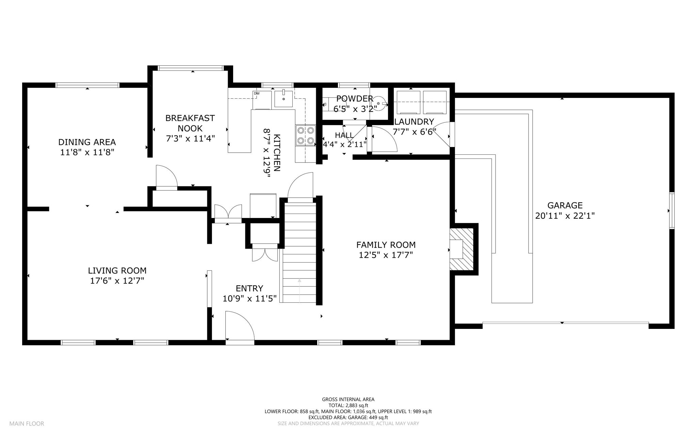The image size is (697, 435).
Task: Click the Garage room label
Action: coord(565,205)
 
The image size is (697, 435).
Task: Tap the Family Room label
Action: coord(386,245)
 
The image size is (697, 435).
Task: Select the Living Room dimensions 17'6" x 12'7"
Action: coord(117,281)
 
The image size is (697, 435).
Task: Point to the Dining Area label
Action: coord(87,142)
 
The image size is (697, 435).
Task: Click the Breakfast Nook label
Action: coord(190,123)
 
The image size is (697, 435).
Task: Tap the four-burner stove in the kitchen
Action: coord(305,135)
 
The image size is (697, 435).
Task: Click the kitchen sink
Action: coord(283,99)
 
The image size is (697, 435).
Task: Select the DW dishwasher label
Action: coord(257,94)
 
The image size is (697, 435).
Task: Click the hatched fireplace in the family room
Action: coord(462,250)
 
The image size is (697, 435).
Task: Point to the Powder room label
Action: coord(355,99)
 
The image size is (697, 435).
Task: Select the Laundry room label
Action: coord(414,122)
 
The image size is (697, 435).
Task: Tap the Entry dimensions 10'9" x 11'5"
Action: coord(249,299)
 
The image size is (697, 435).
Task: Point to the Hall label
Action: coord(344,135)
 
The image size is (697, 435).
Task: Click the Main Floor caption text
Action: coord(27,424)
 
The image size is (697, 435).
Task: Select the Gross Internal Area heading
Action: coord(348,400)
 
